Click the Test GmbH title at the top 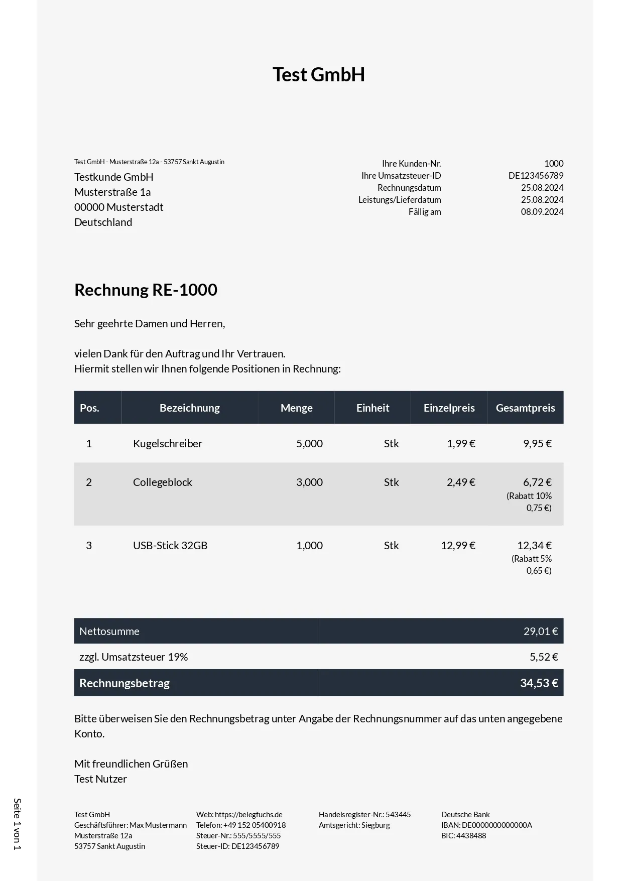[318, 75]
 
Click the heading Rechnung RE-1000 [146, 290]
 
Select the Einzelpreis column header [449, 408]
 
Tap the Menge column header [296, 408]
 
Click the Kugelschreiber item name [168, 444]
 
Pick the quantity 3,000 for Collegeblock [309, 482]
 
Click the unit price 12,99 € [458, 546]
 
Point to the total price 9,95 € [537, 444]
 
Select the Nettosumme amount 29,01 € [541, 632]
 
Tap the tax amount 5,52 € [544, 657]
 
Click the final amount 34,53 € [539, 683]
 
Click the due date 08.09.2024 [542, 212]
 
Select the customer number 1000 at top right [554, 164]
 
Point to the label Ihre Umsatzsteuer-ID [401, 176]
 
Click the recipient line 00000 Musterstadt [119, 207]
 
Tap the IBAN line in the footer [486, 825]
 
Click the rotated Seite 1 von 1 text [17, 824]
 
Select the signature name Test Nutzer [100, 779]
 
